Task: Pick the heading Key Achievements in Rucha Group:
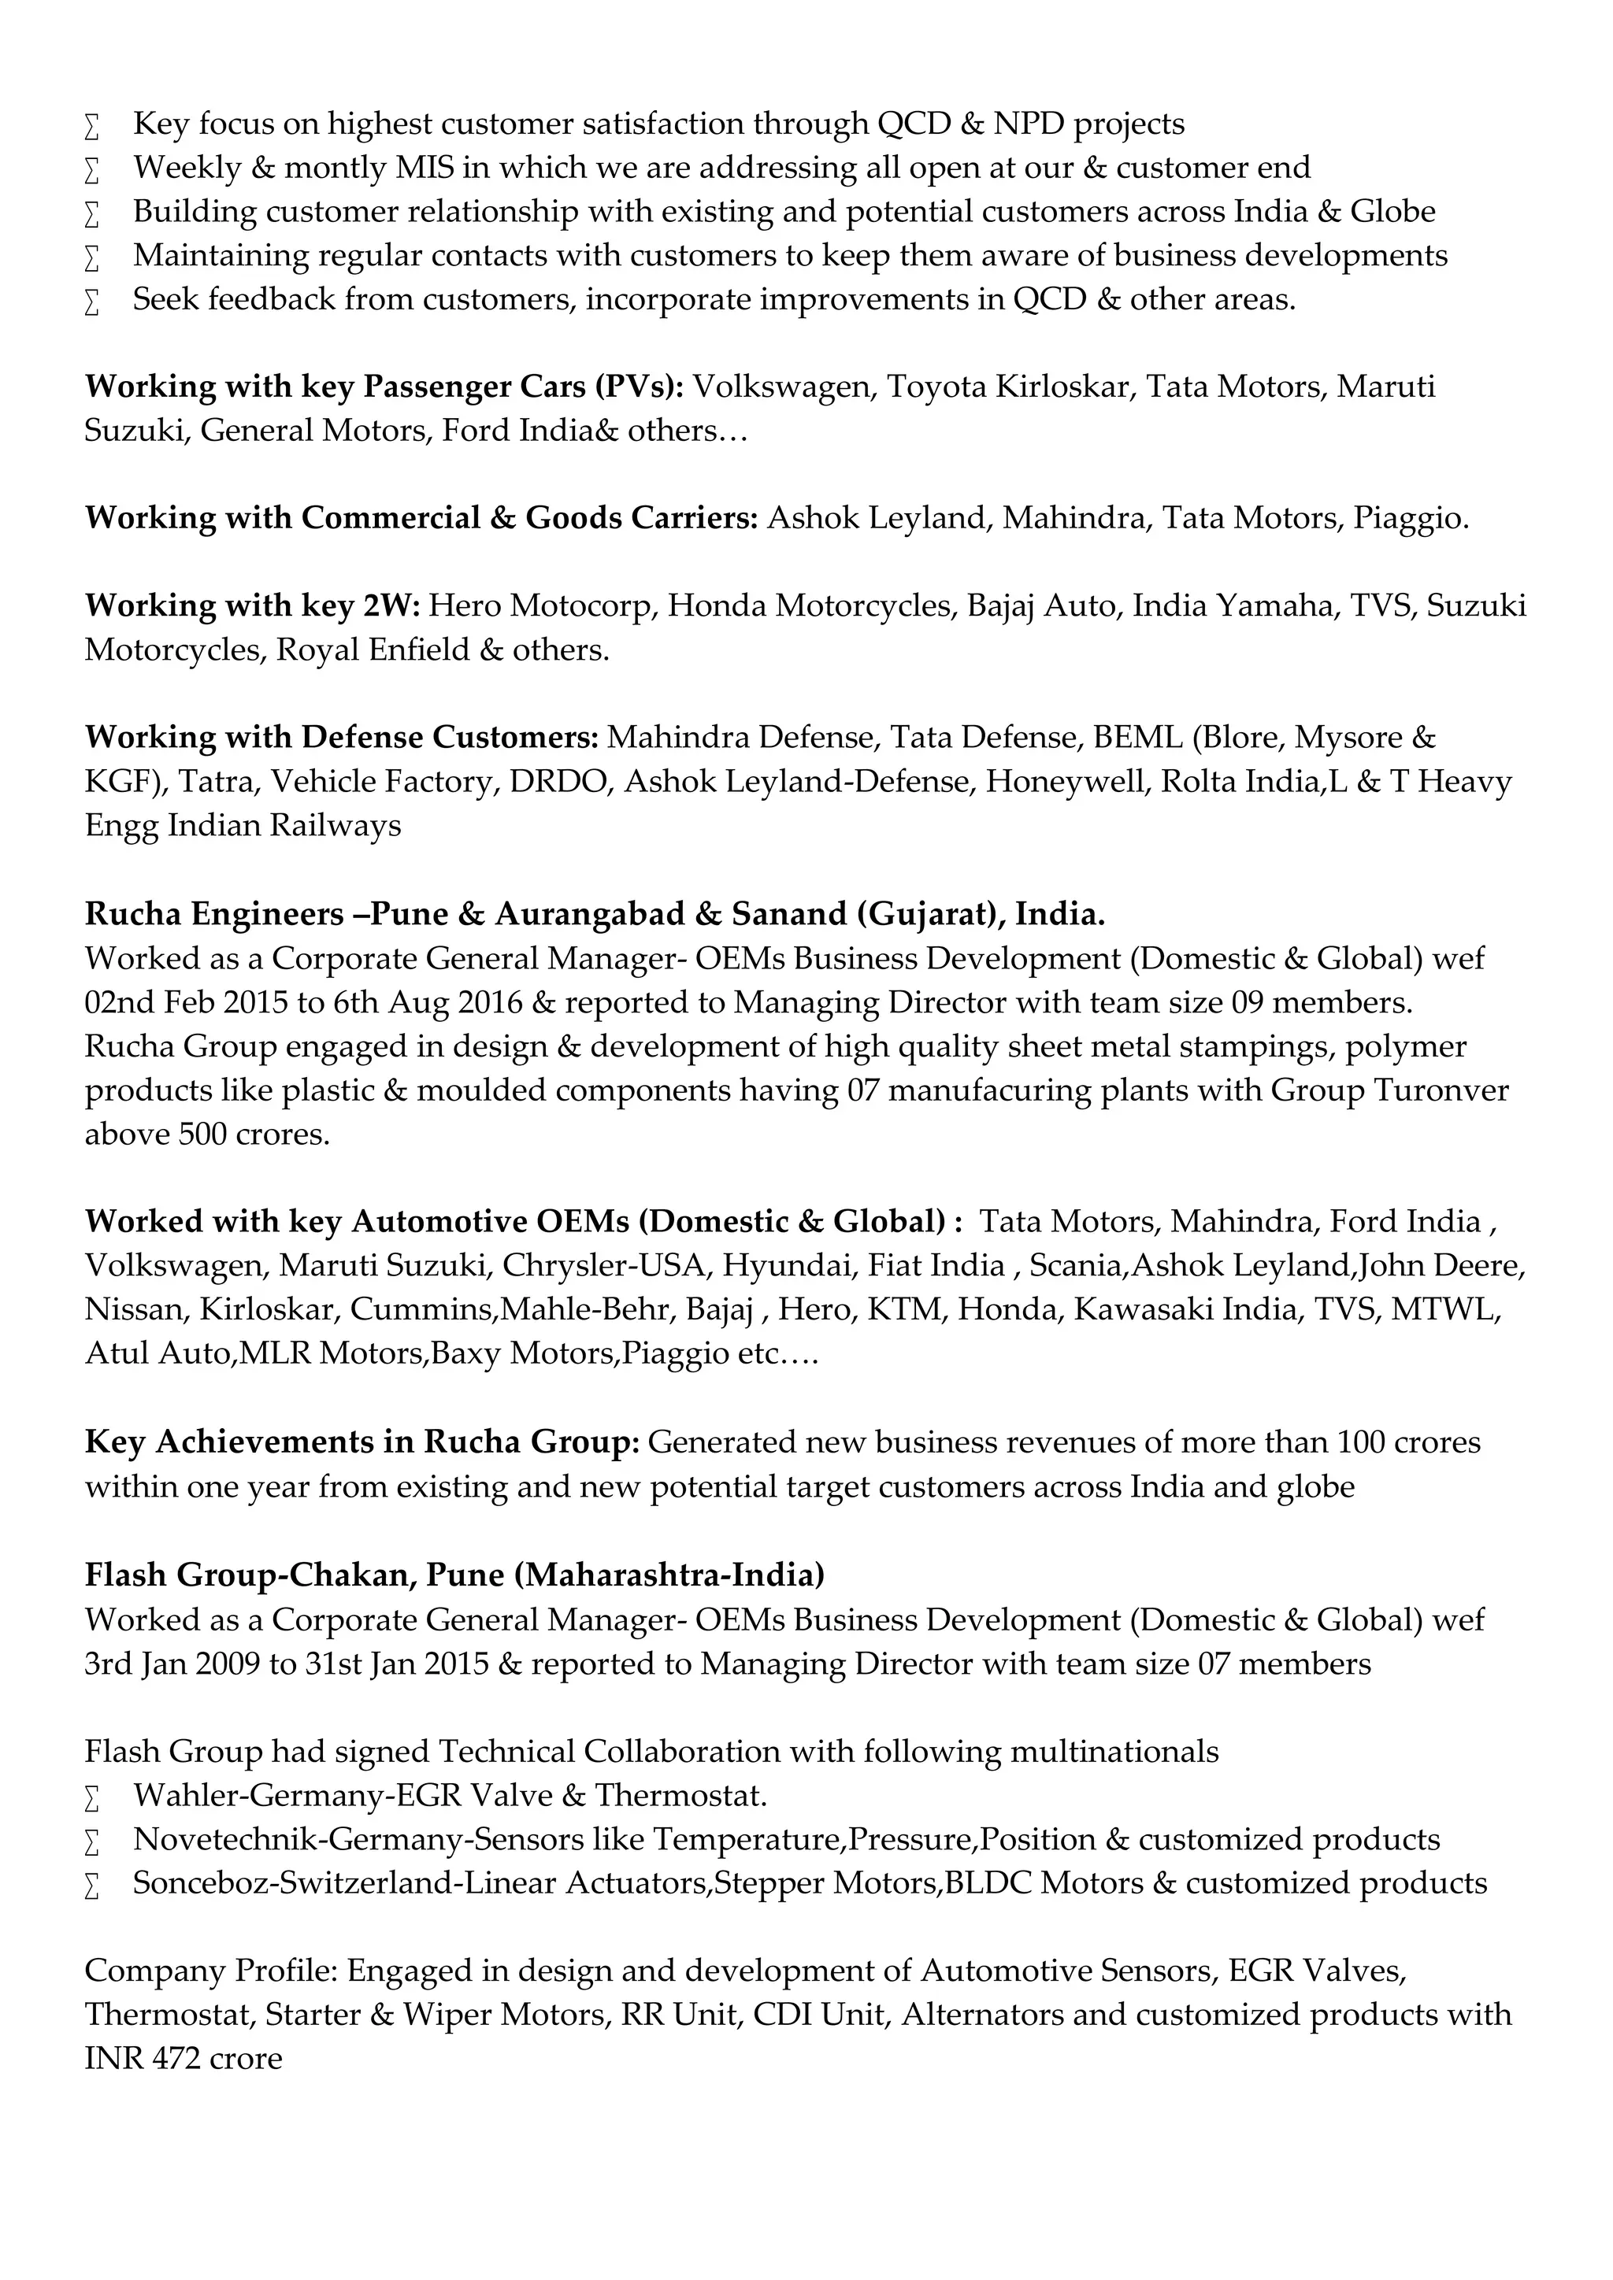[x=362, y=1442]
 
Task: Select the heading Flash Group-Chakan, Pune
[x=454, y=1574]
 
